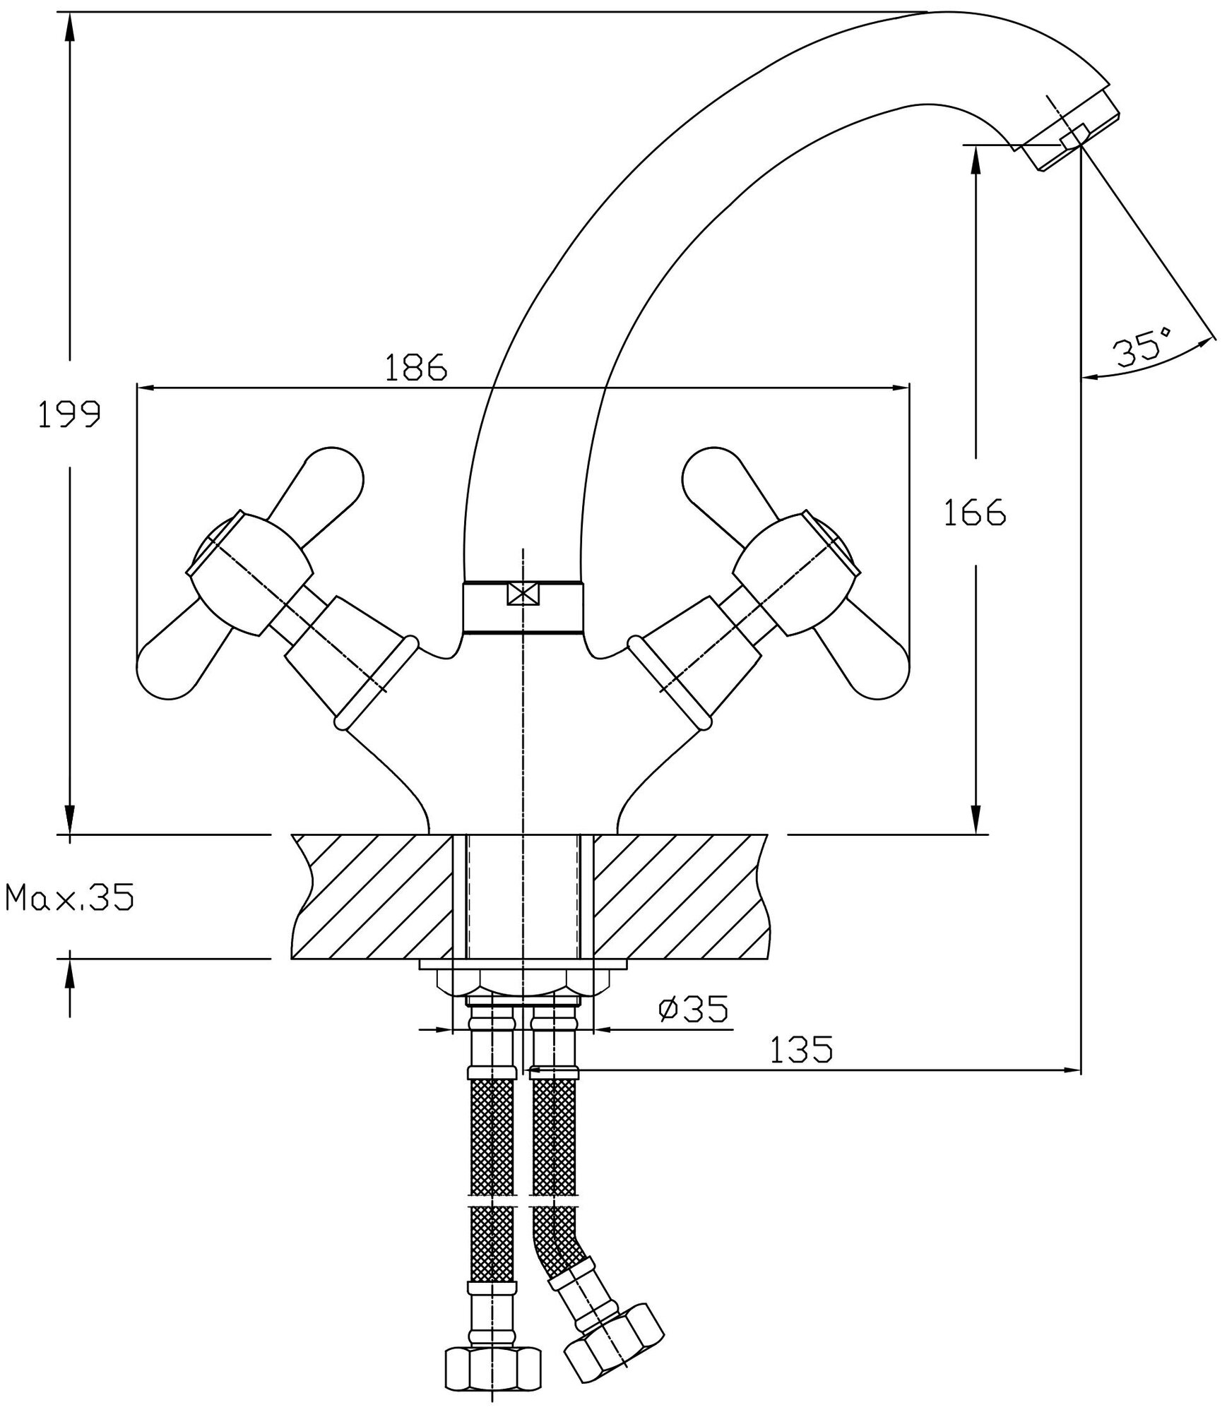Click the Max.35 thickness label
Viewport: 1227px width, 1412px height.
click(69, 899)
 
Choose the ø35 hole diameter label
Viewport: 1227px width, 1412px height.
click(692, 1010)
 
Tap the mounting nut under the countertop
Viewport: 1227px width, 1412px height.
click(522, 979)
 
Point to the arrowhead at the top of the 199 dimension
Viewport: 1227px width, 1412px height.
click(69, 28)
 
